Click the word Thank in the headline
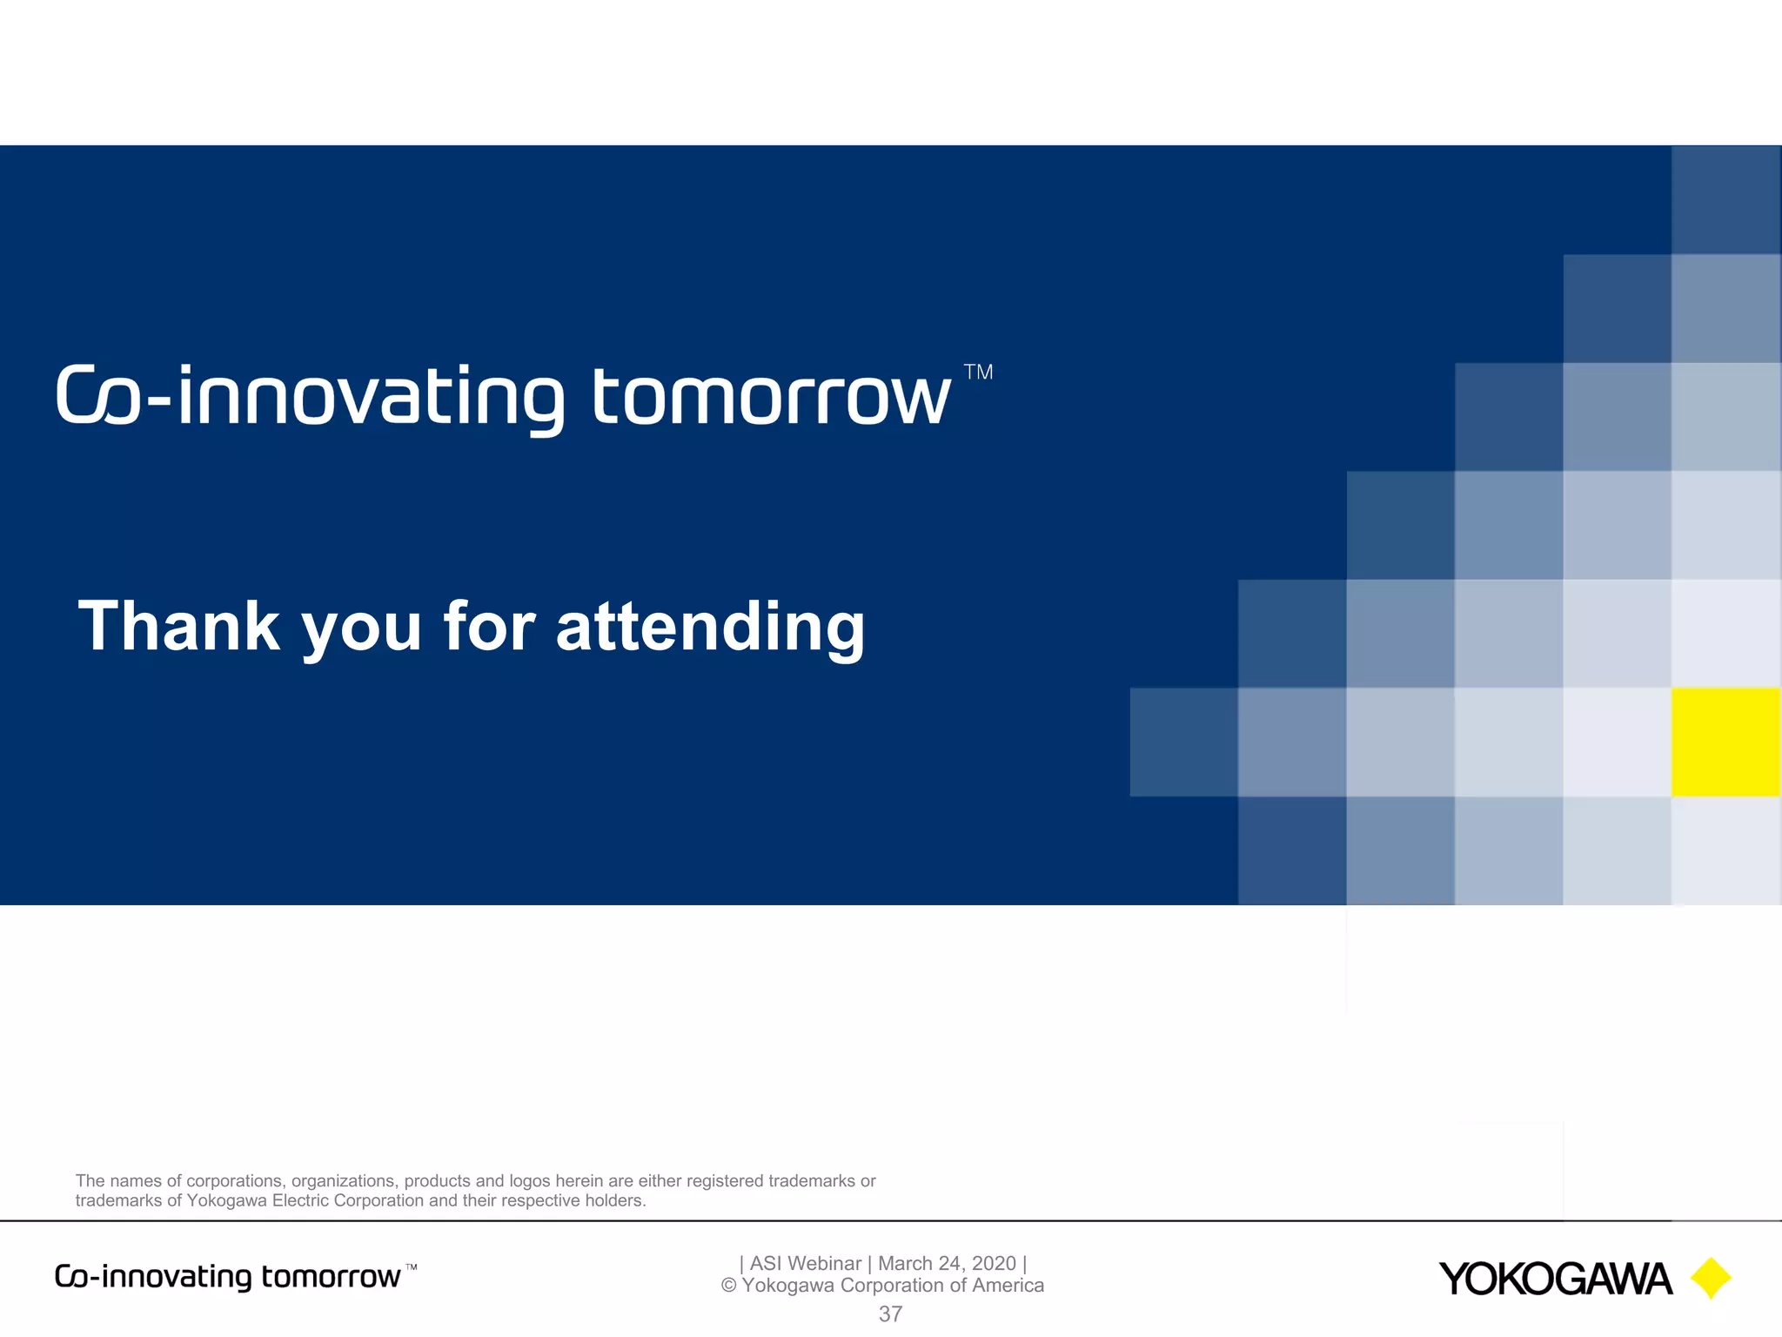(x=179, y=626)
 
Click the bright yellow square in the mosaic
(x=1725, y=742)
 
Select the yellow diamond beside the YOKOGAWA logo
(x=1711, y=1278)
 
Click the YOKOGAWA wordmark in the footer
(x=1555, y=1279)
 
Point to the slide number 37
(x=890, y=1314)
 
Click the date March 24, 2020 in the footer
(x=947, y=1263)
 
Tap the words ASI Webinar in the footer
(x=805, y=1263)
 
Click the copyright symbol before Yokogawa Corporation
(x=729, y=1286)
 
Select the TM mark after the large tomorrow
(x=978, y=373)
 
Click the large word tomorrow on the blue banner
(x=771, y=397)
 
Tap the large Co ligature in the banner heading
(x=97, y=397)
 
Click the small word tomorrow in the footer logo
(x=331, y=1277)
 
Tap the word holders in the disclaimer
(x=614, y=1200)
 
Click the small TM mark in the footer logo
(x=412, y=1267)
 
